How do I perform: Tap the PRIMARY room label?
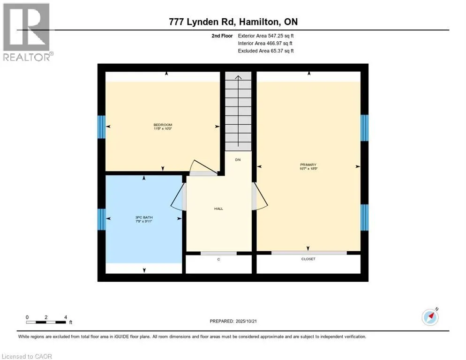tap(309, 165)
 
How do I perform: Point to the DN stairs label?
tap(238, 160)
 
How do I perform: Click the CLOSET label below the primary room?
tap(308, 259)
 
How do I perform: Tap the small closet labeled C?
tap(218, 259)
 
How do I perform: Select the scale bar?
tap(46, 322)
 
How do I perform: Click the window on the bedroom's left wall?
tap(101, 127)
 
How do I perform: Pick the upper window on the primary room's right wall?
tap(364, 127)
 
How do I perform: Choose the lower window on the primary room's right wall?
tap(364, 217)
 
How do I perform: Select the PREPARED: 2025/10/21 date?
tap(233, 321)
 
